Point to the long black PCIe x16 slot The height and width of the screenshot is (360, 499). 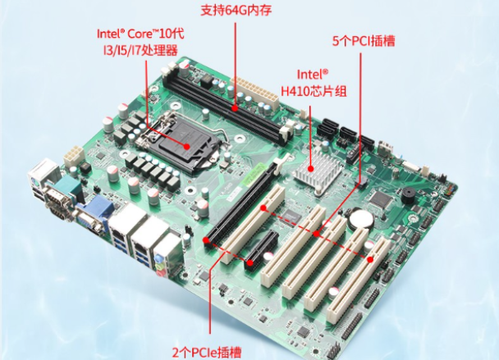tap(238, 206)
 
